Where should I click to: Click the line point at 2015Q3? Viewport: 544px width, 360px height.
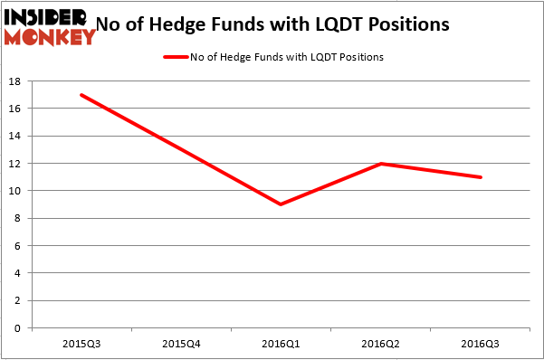[x=81, y=95]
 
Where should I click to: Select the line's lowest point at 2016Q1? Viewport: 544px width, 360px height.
[x=282, y=204]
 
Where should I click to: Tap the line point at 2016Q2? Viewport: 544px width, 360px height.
[x=381, y=164]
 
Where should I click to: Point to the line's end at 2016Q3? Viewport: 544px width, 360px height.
[x=481, y=177]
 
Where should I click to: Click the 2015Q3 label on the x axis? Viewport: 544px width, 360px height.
[x=81, y=344]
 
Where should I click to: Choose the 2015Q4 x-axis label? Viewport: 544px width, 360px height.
[x=181, y=344]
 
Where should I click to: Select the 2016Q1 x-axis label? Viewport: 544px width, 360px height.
[x=282, y=344]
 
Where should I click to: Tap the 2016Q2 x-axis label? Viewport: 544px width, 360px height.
[x=381, y=344]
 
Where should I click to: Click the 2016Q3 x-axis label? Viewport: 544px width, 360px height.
[x=481, y=344]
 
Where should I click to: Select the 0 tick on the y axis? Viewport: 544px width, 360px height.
[x=18, y=327]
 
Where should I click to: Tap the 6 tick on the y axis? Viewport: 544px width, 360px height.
[x=18, y=246]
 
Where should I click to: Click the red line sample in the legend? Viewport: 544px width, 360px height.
[x=175, y=57]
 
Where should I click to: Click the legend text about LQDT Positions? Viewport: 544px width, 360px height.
[x=287, y=57]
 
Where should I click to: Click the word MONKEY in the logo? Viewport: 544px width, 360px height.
[x=50, y=37]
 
